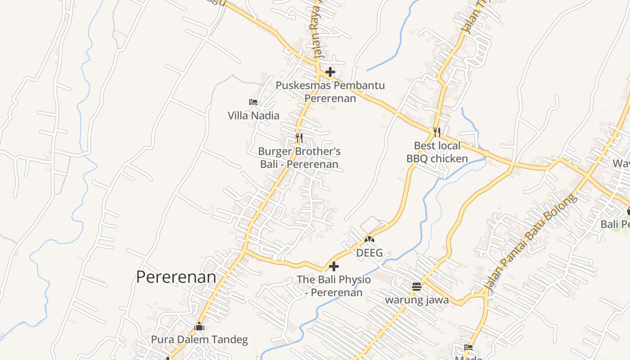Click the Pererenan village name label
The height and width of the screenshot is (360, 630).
tap(176, 277)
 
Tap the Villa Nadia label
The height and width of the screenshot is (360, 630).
tap(253, 116)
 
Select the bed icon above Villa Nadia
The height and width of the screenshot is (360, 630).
tap(253, 102)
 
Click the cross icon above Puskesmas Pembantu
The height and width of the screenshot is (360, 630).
tap(330, 72)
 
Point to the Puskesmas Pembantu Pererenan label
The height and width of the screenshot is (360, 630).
tap(330, 91)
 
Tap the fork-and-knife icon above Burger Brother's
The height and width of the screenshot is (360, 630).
tap(299, 138)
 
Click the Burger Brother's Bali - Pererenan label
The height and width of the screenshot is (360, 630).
tap(299, 158)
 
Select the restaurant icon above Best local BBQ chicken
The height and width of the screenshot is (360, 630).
tap(437, 132)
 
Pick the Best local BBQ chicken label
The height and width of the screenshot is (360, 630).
tap(437, 152)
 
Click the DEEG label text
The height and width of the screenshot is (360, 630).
tap(369, 253)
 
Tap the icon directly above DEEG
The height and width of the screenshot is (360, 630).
tap(369, 239)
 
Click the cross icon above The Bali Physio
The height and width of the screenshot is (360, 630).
tap(334, 266)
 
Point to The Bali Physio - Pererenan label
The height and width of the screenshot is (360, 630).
tap(334, 286)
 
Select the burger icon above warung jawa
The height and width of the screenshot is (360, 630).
tap(417, 286)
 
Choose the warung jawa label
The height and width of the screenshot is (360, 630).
tap(417, 300)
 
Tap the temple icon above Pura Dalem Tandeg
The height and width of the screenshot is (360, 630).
tap(199, 326)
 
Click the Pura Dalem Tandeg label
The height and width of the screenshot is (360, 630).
tap(199, 340)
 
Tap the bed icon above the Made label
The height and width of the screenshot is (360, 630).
tap(468, 347)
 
